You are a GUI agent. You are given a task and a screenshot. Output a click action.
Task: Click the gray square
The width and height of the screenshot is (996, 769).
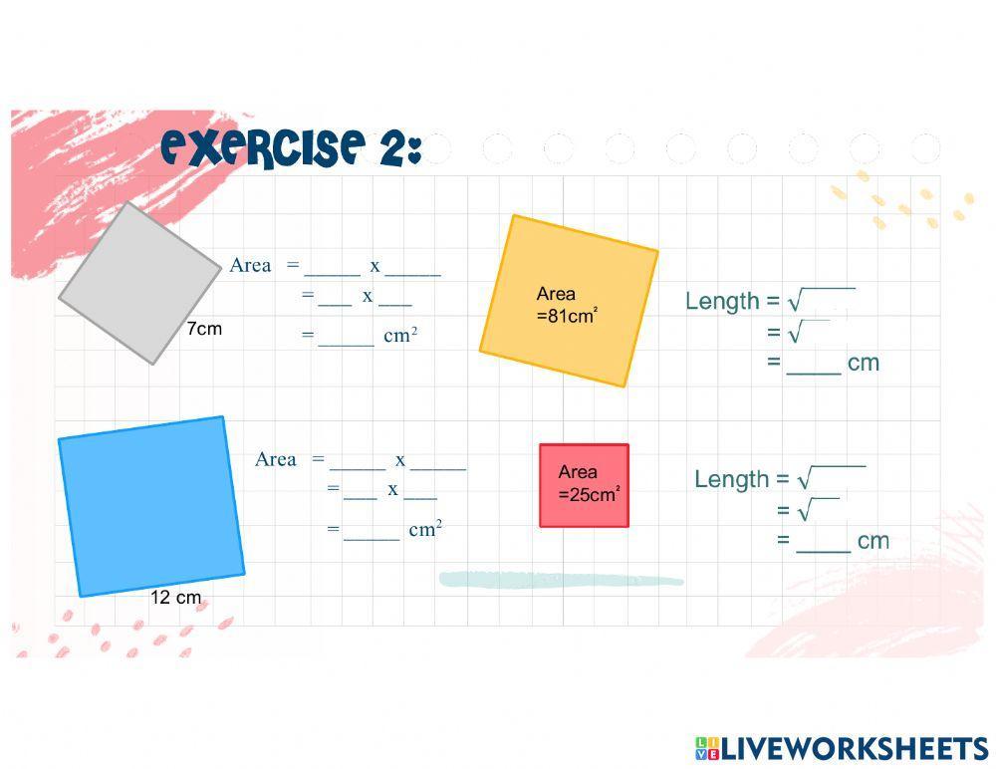[x=139, y=283]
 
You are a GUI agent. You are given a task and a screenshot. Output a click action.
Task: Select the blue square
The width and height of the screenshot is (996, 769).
[x=151, y=506]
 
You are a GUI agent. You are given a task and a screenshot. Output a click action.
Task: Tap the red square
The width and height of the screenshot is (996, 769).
[x=584, y=485]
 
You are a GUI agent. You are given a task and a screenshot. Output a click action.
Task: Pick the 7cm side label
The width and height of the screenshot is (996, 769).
[x=204, y=329]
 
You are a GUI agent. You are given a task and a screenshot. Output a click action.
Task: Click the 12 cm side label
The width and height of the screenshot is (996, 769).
[x=176, y=598]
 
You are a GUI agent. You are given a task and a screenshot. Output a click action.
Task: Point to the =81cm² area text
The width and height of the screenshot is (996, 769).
[x=567, y=317]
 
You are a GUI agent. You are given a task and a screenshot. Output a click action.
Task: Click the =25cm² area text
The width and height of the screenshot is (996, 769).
[x=589, y=494]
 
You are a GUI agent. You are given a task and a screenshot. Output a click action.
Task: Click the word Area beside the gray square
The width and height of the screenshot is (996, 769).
[x=250, y=265]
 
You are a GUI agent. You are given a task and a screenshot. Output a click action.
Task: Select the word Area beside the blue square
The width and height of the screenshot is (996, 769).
[x=276, y=459]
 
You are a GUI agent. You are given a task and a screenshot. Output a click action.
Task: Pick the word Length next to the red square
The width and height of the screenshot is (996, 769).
[x=732, y=479]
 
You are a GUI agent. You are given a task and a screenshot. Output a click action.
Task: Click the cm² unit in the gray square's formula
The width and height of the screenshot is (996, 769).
[x=400, y=335]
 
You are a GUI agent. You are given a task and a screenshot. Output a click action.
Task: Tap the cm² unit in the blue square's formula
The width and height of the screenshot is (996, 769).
[x=425, y=529]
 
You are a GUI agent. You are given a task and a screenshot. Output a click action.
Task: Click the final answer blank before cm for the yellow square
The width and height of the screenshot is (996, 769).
[x=814, y=365]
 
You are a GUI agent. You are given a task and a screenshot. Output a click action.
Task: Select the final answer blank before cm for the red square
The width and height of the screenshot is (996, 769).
[x=824, y=543]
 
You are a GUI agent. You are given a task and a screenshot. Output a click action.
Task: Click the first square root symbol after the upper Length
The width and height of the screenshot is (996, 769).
[x=794, y=301]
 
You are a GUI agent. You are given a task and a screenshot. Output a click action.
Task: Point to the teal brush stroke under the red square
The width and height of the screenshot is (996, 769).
[x=561, y=580]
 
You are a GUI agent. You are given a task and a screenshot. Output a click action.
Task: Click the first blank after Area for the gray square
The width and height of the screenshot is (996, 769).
[x=333, y=267]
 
